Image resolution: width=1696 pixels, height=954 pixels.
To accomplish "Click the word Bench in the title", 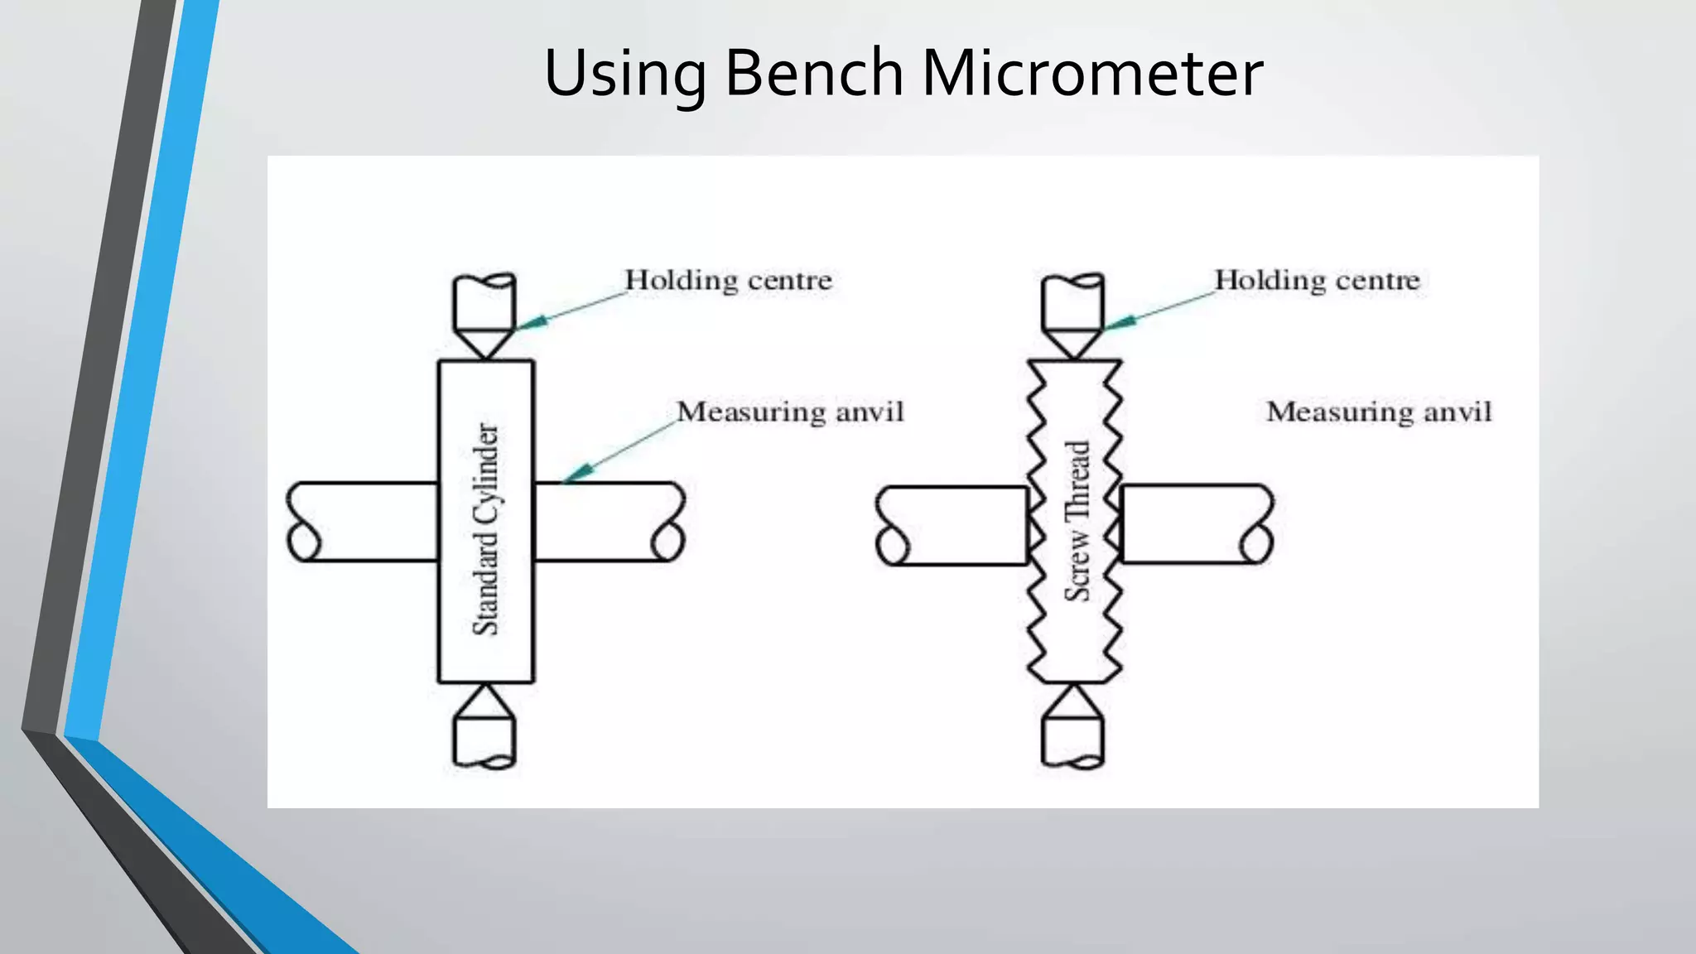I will pyautogui.click(x=814, y=73).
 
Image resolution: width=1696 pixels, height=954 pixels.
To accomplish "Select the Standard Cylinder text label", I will pyautogui.click(x=486, y=530).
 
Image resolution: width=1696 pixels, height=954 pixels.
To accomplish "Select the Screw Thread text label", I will pyautogui.click(x=1077, y=522).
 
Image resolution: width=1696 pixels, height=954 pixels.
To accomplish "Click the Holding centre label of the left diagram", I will pyautogui.click(x=728, y=280).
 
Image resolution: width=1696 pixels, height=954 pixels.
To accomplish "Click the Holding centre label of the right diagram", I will pyautogui.click(x=1317, y=280).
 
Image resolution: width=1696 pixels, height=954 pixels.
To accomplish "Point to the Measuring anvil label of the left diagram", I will pyautogui.click(x=790, y=412).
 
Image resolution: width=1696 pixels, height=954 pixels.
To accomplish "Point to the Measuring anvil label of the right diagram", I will pyautogui.click(x=1379, y=412).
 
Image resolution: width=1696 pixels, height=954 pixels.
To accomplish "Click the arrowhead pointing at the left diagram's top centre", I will pyautogui.click(x=532, y=322).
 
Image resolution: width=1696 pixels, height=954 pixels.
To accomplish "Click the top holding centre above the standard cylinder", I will pyautogui.click(x=485, y=315).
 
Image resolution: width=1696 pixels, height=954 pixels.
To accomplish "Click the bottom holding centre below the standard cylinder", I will pyautogui.click(x=485, y=729).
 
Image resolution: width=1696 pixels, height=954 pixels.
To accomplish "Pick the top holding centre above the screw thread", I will pyautogui.click(x=1073, y=315).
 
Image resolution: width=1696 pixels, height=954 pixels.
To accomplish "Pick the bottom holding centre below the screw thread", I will pyautogui.click(x=1073, y=729).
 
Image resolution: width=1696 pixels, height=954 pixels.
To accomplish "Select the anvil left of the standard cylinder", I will pyautogui.click(x=364, y=522).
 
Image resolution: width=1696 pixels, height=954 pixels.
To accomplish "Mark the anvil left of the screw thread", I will pyautogui.click(x=952, y=526).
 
